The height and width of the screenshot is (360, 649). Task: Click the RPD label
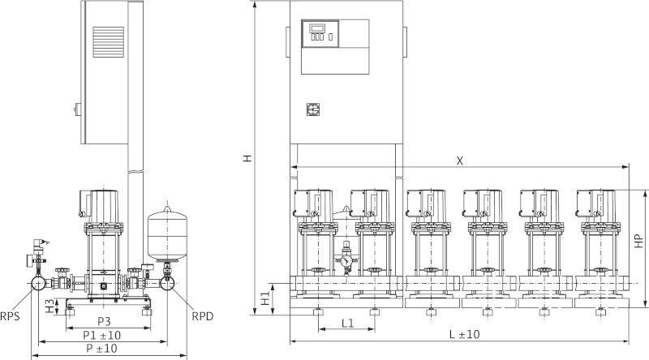click(201, 316)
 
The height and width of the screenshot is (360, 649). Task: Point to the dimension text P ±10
click(101, 348)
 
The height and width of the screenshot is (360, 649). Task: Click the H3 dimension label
click(50, 306)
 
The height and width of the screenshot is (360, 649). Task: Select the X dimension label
click(460, 161)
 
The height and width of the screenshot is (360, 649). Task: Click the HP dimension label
click(638, 241)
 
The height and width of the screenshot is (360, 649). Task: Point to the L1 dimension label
click(347, 323)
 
